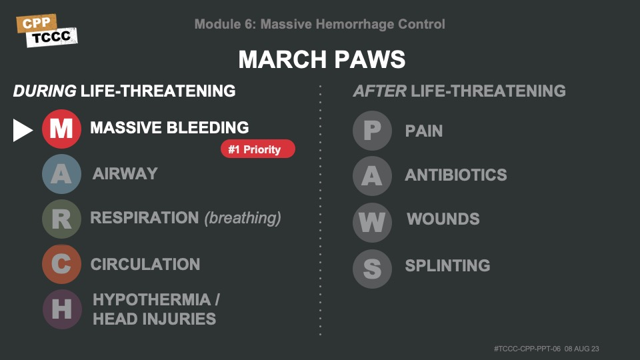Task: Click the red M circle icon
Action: (61, 129)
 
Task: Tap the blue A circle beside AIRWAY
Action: (61, 174)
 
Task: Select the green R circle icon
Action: (61, 219)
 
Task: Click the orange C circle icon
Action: (61, 264)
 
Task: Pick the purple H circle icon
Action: (61, 309)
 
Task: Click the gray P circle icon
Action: (372, 131)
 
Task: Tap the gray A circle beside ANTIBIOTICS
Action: (372, 176)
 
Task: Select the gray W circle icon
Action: (372, 223)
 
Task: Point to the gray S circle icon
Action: (372, 269)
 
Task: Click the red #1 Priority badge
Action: (258, 149)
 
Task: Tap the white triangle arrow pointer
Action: (23, 130)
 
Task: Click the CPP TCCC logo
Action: (47, 31)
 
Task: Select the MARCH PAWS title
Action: (322, 59)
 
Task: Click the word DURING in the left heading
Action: (45, 91)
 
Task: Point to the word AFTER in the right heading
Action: (379, 91)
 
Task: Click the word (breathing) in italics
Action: (243, 218)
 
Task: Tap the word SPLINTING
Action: (448, 266)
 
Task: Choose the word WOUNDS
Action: (443, 219)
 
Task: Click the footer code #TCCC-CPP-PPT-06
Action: (527, 349)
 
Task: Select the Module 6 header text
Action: (319, 24)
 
